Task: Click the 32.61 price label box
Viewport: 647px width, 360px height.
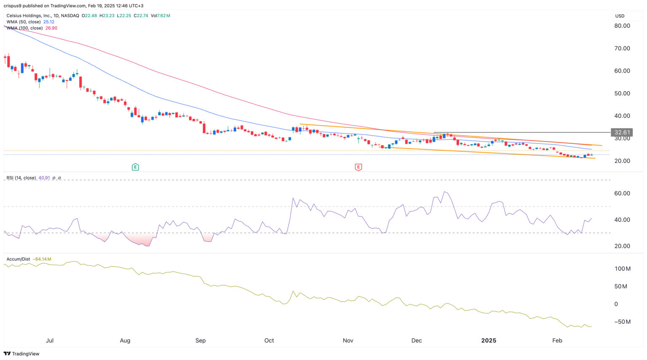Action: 621,132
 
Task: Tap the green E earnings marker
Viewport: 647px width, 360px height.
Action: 135,167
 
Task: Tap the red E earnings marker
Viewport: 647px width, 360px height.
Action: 358,167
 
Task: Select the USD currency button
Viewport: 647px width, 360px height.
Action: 620,16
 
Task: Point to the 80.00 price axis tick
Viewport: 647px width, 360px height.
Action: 622,26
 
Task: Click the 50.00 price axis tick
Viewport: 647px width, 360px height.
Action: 622,93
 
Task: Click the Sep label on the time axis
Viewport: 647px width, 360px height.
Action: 201,340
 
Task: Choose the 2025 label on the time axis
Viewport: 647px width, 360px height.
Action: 489,340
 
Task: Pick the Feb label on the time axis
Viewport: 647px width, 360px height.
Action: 557,340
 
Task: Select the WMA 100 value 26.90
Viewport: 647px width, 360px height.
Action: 51,28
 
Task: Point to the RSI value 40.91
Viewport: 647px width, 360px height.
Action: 44,178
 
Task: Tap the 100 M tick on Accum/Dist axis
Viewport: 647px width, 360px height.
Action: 622,269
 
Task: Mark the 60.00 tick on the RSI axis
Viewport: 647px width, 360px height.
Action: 622,193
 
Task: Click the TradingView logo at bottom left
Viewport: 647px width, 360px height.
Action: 21,354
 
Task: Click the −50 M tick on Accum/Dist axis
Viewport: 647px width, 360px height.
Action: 622,322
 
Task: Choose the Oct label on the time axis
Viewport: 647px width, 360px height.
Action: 269,340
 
